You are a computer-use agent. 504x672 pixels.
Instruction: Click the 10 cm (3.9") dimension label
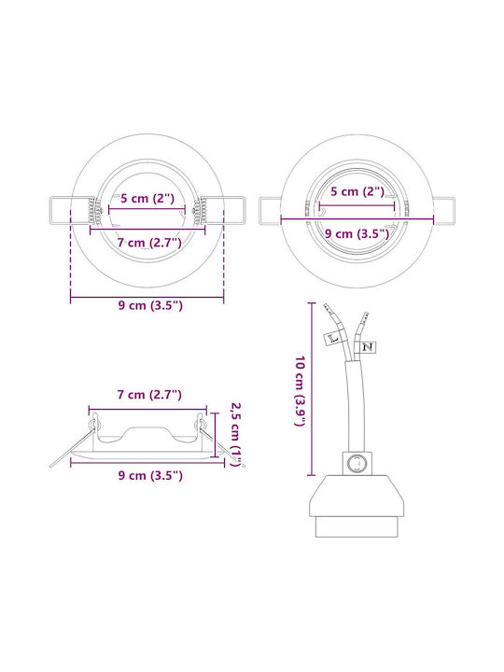[300, 391]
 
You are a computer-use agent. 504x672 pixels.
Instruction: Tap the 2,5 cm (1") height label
[236, 434]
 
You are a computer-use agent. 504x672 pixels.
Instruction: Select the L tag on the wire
[332, 338]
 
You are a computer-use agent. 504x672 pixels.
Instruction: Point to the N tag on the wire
[367, 346]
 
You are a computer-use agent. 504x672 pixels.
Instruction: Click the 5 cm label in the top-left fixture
[147, 199]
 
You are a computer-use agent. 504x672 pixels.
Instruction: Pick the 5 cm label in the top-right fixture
[357, 191]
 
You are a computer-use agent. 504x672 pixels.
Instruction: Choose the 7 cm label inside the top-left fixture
[149, 243]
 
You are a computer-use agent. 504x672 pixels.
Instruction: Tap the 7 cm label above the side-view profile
[149, 394]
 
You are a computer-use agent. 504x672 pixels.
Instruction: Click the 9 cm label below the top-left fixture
[150, 305]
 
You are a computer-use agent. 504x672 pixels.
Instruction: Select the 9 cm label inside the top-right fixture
[357, 233]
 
